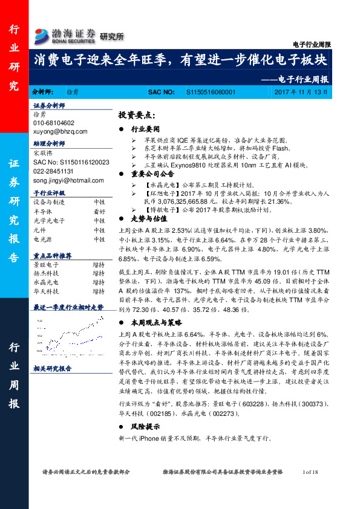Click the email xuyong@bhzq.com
pyautogui.click(x=60, y=131)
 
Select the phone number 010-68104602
pyautogui.click(x=54, y=123)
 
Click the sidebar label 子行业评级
pyautogui.click(x=48, y=193)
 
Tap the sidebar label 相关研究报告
pyautogui.click(x=53, y=368)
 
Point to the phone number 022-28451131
pyautogui.click(x=54, y=172)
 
